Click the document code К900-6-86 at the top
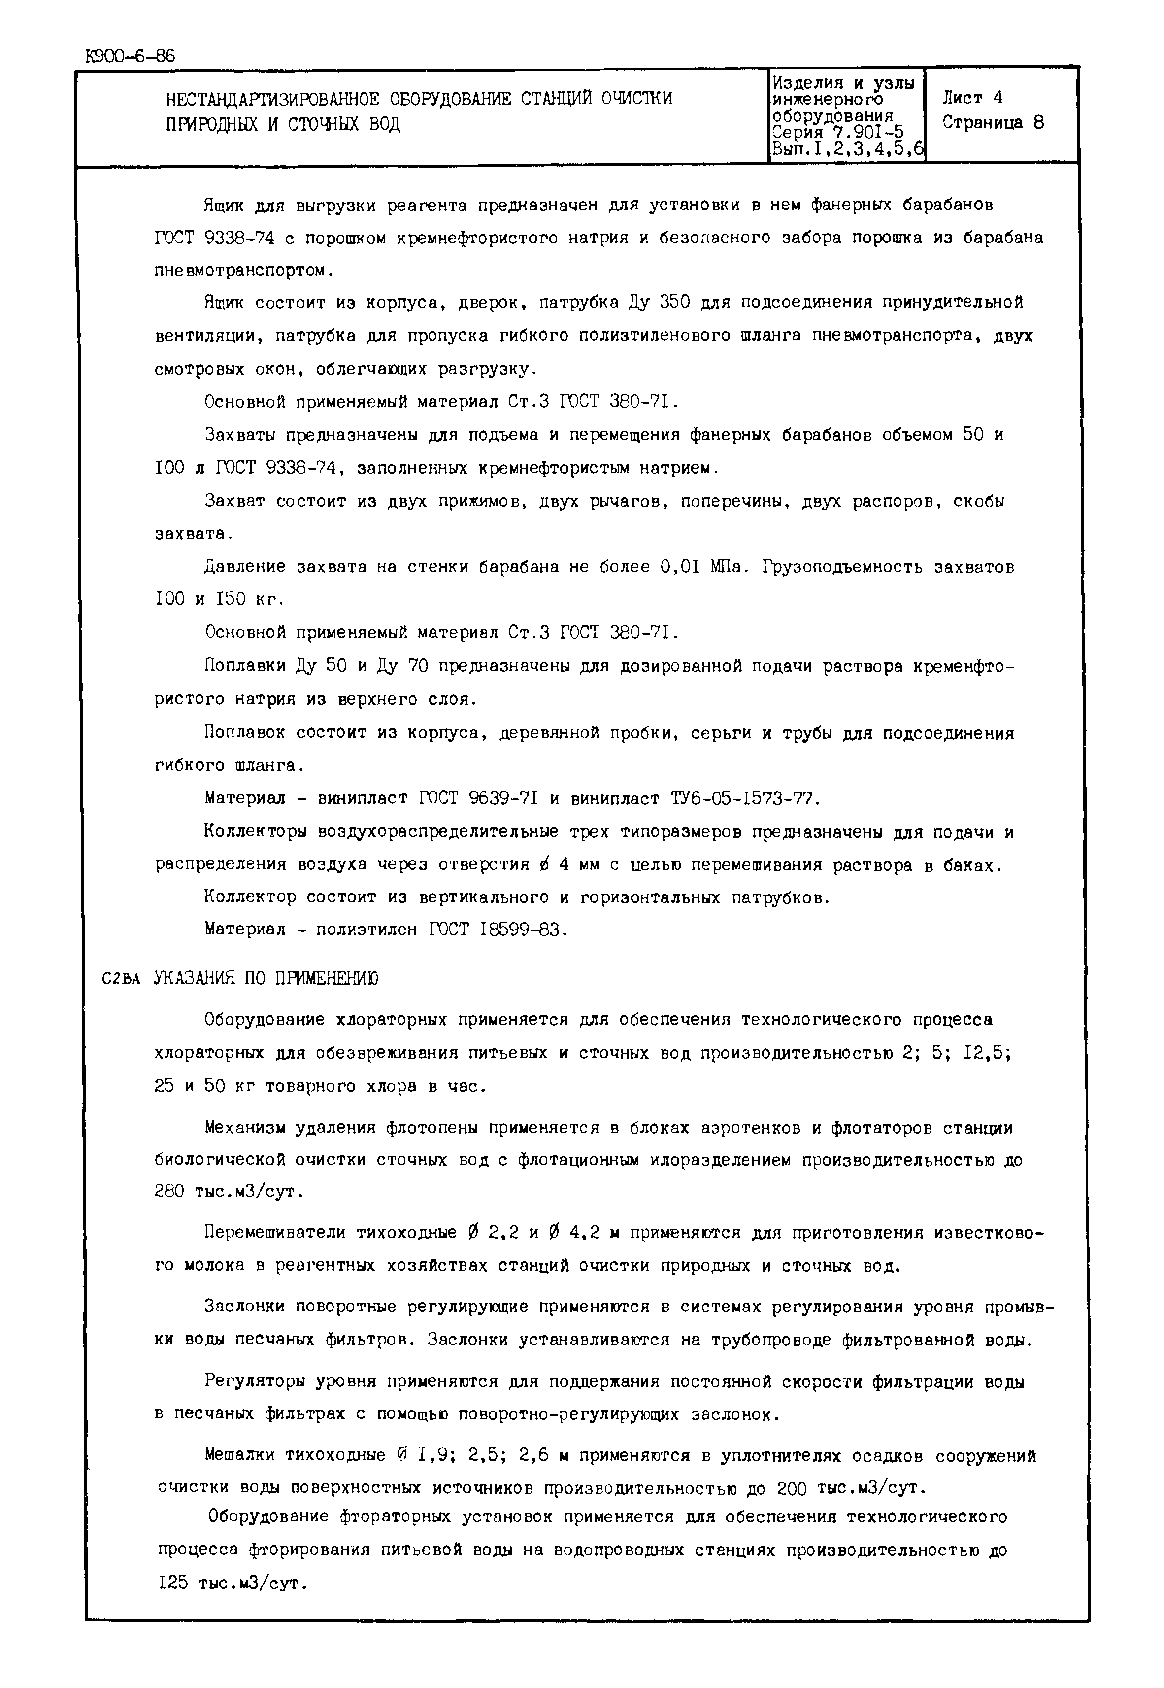click(131, 56)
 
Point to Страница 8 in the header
click(993, 123)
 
